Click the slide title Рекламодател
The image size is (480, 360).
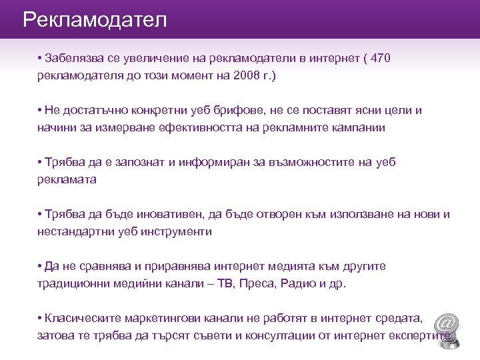coord(95,19)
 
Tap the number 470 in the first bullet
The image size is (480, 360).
coord(378,59)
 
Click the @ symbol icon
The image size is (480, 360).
coord(446,325)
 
